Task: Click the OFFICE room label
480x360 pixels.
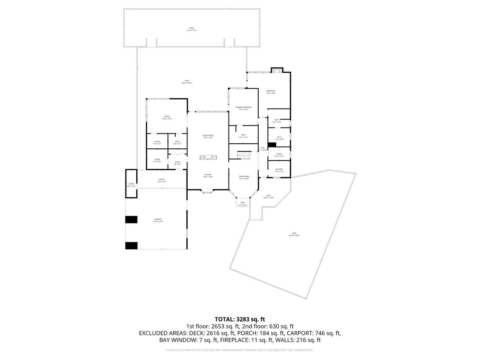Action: [x=167, y=117]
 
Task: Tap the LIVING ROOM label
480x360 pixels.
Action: [x=208, y=136]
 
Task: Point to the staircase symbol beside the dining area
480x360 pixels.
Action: [x=244, y=155]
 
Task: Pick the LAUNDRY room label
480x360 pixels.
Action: [x=279, y=169]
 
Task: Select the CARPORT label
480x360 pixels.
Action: [x=158, y=219]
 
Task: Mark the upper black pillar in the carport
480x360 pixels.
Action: [x=131, y=219]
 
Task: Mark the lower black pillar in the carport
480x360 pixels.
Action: [x=131, y=246]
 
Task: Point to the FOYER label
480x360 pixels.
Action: [x=177, y=162]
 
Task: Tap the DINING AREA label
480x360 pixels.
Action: [x=244, y=177]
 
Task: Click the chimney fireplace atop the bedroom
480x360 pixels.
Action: [x=277, y=70]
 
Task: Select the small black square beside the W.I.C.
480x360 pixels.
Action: [x=272, y=145]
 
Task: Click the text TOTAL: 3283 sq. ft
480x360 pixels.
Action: [x=240, y=319]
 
